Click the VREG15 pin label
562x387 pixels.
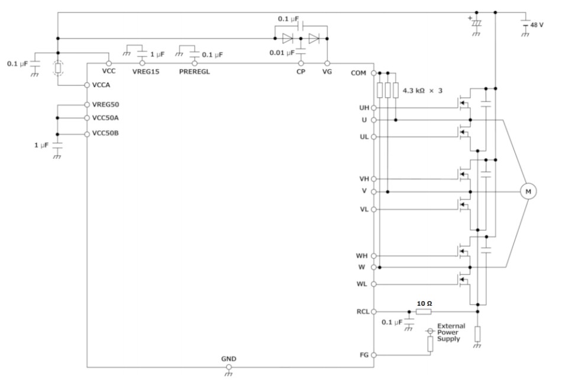tap(142, 71)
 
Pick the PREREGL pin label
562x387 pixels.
tap(194, 71)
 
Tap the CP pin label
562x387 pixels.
tap(301, 71)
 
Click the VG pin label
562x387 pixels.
tap(327, 71)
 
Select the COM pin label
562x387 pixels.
tap(359, 73)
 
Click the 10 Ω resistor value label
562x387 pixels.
tap(424, 303)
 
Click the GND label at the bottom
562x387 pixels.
tap(229, 359)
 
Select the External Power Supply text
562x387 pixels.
tap(450, 332)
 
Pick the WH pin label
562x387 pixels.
tap(361, 255)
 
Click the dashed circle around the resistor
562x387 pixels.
tap(58, 68)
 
